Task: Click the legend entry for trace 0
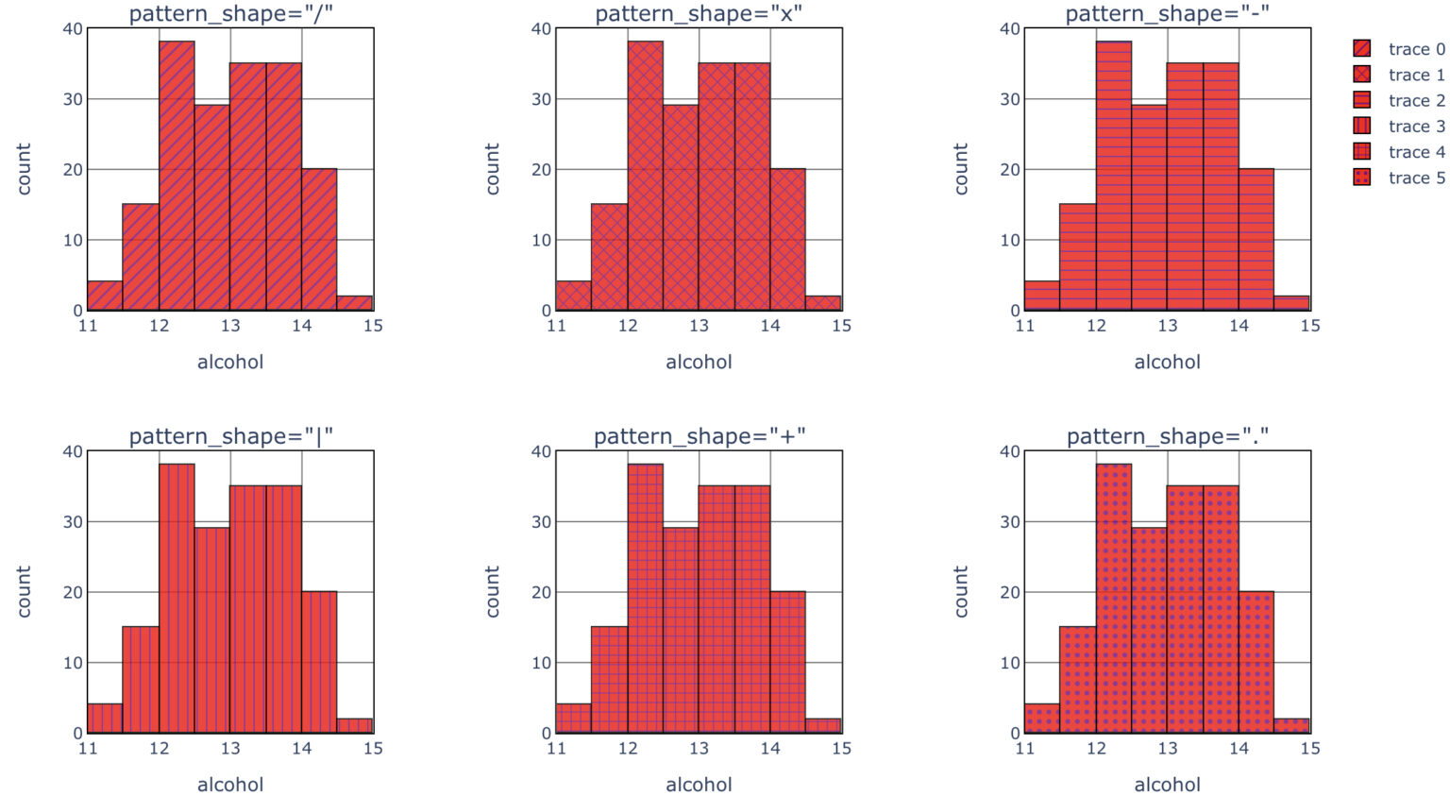tap(1398, 49)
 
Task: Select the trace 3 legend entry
tap(1398, 127)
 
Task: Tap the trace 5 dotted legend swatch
tap(1361, 178)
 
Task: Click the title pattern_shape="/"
tap(230, 14)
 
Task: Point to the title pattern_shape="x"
tap(699, 14)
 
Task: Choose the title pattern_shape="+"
tap(699, 436)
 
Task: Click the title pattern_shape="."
tap(1168, 436)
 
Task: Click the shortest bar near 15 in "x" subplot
tap(823, 303)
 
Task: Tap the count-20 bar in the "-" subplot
tap(1256, 240)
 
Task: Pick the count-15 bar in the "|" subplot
tap(141, 680)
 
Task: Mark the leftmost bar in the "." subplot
tap(1042, 719)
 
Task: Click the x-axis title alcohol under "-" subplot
tap(1168, 362)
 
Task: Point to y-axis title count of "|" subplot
tap(24, 592)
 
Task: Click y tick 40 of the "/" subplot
tap(73, 28)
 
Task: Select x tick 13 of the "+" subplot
tap(699, 748)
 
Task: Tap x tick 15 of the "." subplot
tap(1309, 748)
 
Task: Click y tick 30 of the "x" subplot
tap(541, 99)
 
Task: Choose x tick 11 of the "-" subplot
tap(1024, 326)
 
